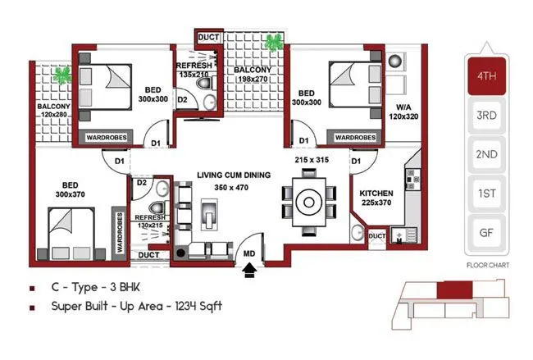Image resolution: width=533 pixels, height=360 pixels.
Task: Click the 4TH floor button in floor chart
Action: (x=486, y=78)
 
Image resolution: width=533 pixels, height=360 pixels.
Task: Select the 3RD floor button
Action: (x=486, y=116)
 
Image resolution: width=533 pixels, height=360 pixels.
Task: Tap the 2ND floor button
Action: (x=486, y=154)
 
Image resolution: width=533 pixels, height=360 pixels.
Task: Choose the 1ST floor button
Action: (x=486, y=193)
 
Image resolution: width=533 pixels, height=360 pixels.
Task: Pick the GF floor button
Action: (x=486, y=231)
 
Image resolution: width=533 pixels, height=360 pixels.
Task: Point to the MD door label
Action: (x=249, y=254)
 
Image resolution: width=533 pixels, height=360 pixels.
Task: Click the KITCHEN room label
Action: (x=376, y=194)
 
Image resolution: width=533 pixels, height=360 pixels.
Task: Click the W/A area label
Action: (x=402, y=107)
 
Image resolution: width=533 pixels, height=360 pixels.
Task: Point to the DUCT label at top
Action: (x=206, y=38)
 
